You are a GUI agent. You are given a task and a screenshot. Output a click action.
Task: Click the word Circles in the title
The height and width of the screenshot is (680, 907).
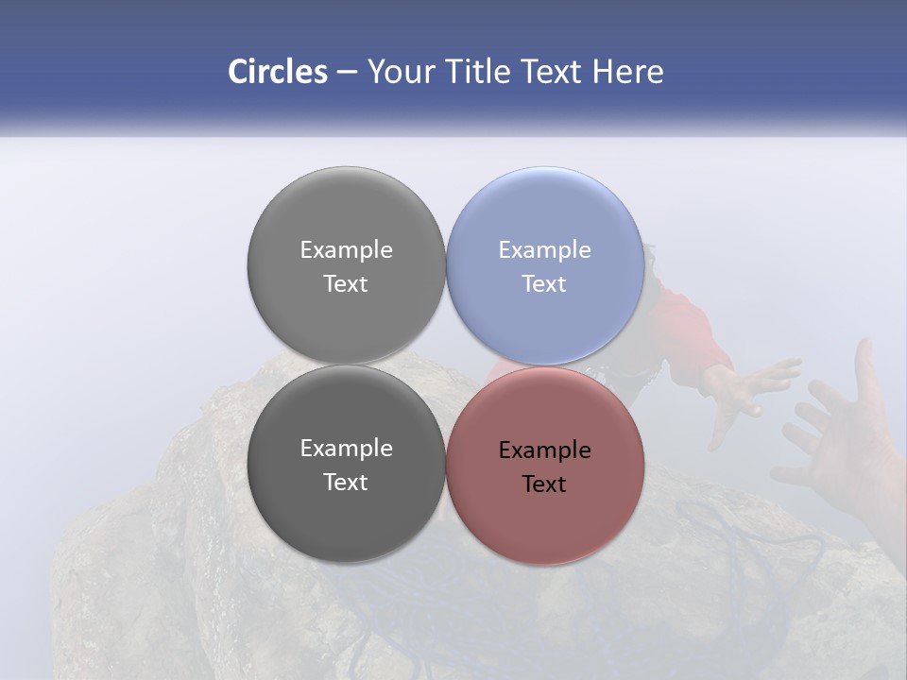point(278,72)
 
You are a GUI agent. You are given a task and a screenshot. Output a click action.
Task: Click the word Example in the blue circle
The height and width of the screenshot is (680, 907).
point(545,250)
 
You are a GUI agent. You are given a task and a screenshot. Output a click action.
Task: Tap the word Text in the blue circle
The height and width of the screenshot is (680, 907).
point(544,284)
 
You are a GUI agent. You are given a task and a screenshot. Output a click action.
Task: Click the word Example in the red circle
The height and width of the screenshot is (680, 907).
point(545,450)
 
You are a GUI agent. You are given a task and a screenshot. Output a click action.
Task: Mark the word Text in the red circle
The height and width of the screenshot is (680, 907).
point(544,484)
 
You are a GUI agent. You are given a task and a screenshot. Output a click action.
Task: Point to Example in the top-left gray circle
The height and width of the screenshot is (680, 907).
point(346,250)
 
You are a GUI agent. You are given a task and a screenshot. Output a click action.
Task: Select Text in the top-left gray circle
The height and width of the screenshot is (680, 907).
point(346,284)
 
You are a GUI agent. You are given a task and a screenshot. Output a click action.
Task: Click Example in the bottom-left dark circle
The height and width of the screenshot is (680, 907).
point(346,449)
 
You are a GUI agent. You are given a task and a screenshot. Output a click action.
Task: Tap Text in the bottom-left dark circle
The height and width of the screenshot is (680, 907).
point(346,483)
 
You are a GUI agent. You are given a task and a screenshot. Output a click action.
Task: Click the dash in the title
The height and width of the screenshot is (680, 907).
point(347,73)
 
